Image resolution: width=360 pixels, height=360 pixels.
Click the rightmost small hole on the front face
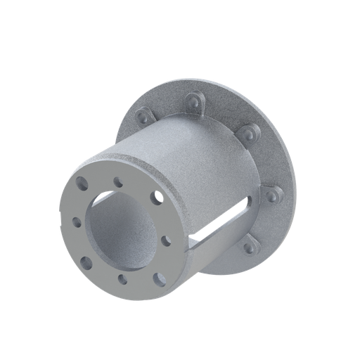coord(165,240)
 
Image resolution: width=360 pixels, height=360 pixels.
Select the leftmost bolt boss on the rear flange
coord(143,115)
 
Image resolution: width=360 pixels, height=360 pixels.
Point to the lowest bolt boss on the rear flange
coord(248,246)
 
